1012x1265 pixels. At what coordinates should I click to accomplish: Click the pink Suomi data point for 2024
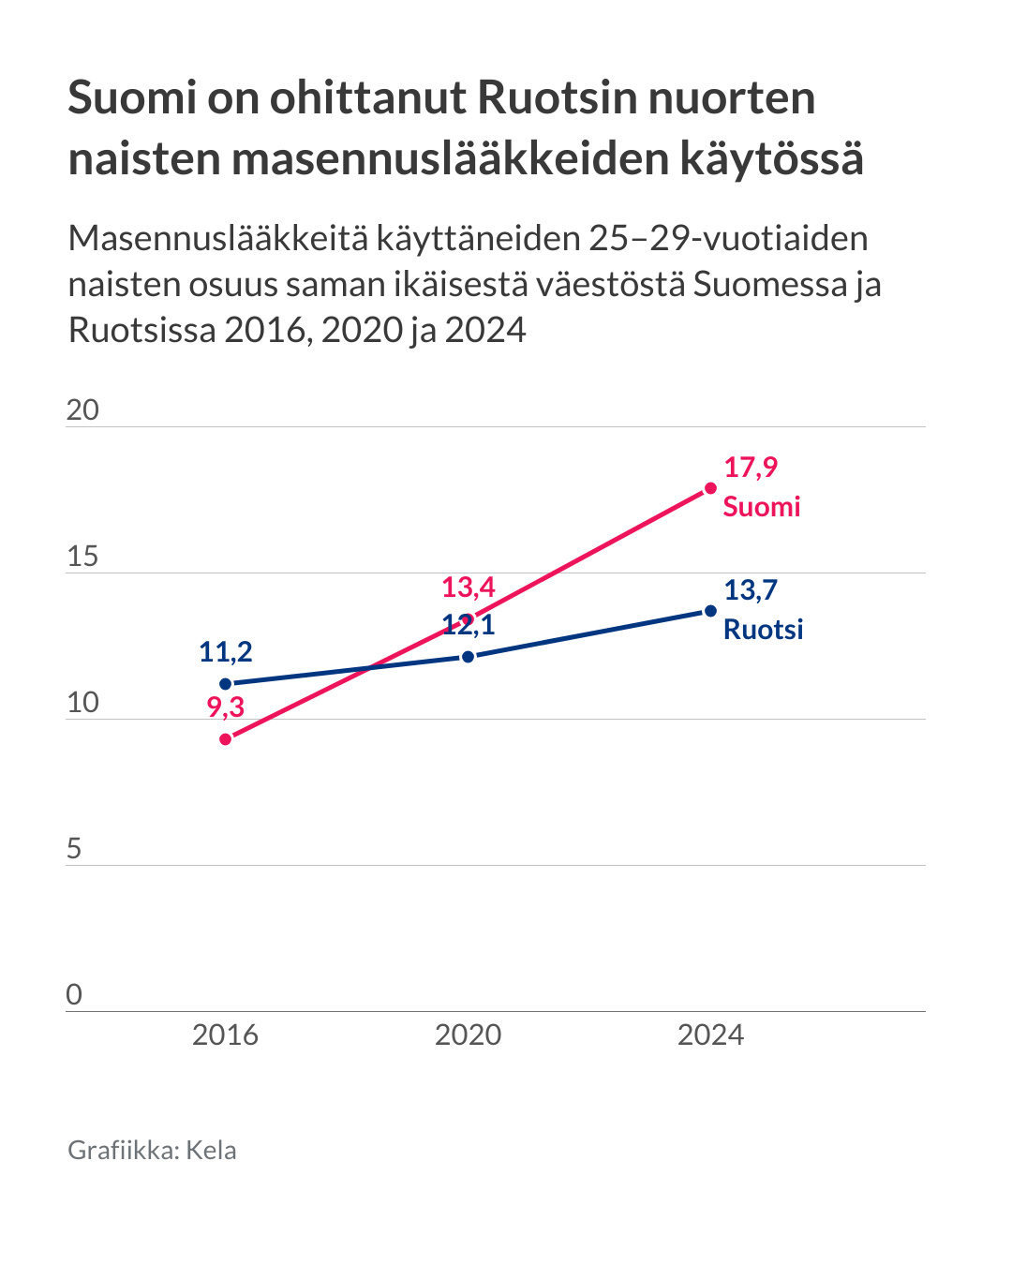coord(710,488)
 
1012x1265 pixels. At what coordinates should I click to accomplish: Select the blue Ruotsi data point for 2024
coord(710,611)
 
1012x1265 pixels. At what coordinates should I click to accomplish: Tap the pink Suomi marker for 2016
coord(225,739)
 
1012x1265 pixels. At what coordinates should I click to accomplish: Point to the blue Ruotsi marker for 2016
coord(225,684)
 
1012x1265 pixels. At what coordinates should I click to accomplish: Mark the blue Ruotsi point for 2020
coord(468,657)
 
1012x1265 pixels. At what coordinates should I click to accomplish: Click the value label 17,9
coord(751,467)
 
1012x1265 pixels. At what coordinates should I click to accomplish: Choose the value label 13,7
coord(751,589)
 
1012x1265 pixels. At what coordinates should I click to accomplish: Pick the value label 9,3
coord(225,707)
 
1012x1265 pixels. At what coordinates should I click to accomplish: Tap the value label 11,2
coord(225,651)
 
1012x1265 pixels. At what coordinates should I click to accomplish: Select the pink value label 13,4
coord(468,587)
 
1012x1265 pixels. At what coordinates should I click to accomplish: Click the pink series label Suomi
coord(761,507)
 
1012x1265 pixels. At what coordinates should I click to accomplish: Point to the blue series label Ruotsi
coord(763,629)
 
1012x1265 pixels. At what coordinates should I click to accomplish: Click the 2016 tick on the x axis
coord(225,1034)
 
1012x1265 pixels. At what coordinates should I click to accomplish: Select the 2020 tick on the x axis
coord(468,1034)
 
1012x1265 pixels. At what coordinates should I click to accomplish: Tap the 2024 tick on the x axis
coord(710,1034)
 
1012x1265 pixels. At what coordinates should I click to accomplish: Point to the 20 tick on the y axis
coord(82,410)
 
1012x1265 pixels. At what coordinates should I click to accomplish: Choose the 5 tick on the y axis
coord(74,849)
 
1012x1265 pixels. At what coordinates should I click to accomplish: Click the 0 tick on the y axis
coord(74,995)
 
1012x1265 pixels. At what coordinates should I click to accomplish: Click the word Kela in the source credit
coord(211,1150)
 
